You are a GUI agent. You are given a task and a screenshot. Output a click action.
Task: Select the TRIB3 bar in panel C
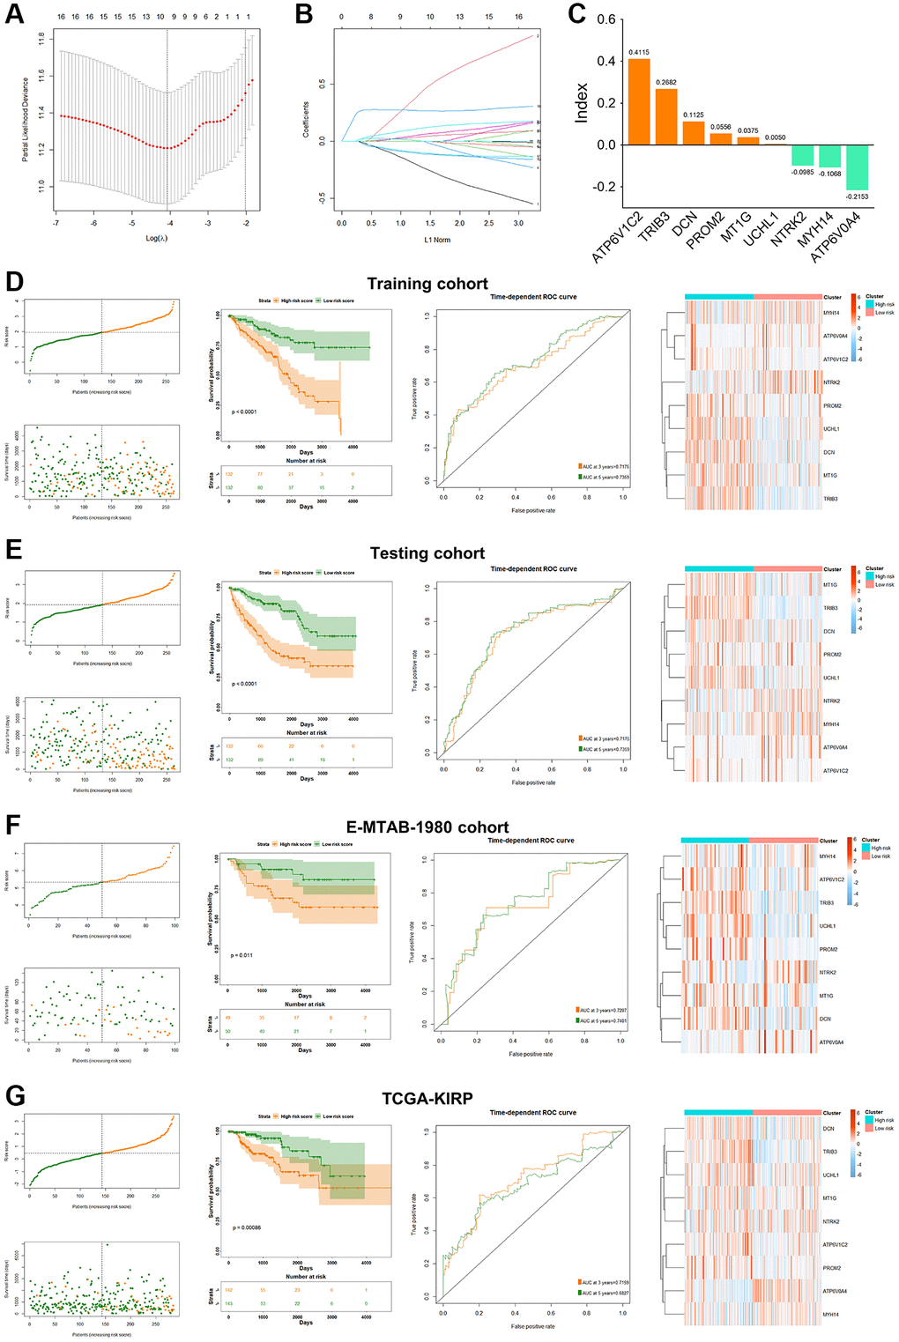666,116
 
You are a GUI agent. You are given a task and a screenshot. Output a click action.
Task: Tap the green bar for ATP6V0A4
857,167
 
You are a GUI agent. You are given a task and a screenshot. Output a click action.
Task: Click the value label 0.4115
639,52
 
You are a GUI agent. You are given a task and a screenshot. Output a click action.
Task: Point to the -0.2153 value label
857,196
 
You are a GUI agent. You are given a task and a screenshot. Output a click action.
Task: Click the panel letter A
15,14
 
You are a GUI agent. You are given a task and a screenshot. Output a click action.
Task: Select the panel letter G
15,1096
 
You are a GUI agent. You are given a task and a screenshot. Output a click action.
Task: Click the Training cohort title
427,284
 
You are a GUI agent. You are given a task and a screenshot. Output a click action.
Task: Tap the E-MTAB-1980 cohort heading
427,827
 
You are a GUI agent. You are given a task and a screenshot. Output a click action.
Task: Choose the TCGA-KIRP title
427,1099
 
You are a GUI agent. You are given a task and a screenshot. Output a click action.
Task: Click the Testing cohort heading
427,553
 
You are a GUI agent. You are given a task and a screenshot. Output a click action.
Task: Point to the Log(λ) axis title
156,239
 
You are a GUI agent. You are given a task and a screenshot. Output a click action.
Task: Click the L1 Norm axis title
437,240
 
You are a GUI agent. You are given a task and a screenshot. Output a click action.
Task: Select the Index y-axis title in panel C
582,103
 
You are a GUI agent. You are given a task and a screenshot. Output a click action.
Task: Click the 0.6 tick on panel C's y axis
606,19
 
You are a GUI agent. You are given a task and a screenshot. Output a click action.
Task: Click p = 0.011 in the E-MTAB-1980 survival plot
241,955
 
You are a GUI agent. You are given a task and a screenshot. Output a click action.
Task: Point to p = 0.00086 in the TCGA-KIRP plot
247,1227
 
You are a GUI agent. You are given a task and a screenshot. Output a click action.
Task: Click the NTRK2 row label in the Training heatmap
831,382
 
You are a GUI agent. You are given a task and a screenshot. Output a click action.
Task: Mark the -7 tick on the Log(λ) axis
56,224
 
